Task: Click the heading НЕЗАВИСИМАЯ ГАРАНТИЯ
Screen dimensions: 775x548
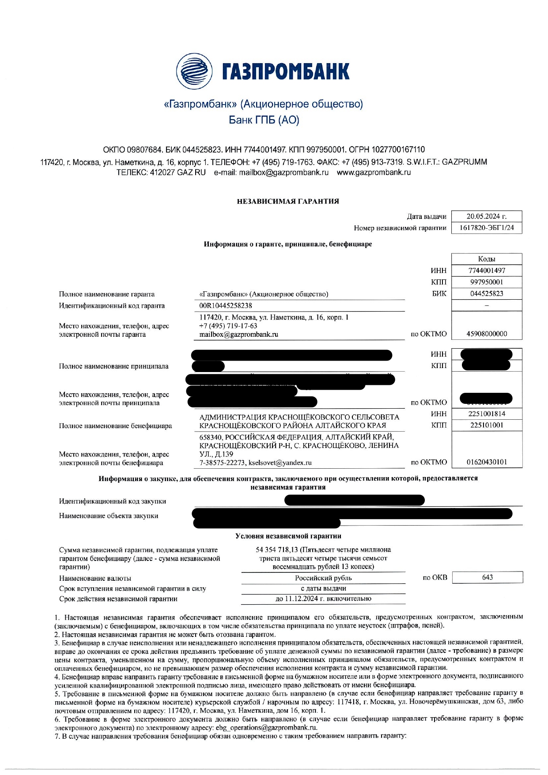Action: pyautogui.click(x=288, y=201)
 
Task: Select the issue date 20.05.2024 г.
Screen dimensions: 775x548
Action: pyautogui.click(x=486, y=216)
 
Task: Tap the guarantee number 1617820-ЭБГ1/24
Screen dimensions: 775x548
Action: pyautogui.click(x=486, y=228)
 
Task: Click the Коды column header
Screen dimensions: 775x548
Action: pyautogui.click(x=486, y=259)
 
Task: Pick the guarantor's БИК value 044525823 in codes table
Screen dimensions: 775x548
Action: pyautogui.click(x=486, y=293)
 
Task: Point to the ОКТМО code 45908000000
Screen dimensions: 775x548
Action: pyautogui.click(x=486, y=334)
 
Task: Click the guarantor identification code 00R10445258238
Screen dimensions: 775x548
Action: pyautogui.click(x=226, y=305)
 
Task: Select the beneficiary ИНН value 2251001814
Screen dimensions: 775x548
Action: pyautogui.click(x=487, y=414)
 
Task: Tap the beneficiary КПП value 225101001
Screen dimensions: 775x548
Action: pyautogui.click(x=487, y=425)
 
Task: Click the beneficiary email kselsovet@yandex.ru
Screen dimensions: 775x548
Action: pyautogui.click(x=280, y=463)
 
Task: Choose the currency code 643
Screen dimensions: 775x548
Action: pyautogui.click(x=487, y=577)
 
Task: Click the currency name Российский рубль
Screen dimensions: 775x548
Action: pyautogui.click(x=323, y=578)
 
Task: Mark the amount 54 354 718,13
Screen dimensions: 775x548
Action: pyautogui.click(x=277, y=550)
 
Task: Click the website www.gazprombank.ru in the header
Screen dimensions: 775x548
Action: pyautogui.click(x=374, y=172)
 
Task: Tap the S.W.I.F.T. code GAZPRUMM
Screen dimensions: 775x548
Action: pyautogui.click(x=464, y=162)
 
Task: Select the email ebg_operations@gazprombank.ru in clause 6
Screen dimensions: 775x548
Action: pyautogui.click(x=266, y=728)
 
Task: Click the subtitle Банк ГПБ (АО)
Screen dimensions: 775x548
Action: pyautogui.click(x=264, y=120)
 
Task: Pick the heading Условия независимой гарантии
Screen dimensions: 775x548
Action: pyautogui.click(x=288, y=536)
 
